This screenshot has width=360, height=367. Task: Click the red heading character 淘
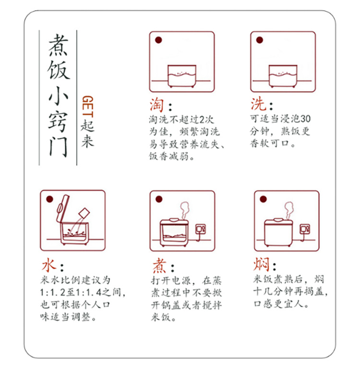point(156,105)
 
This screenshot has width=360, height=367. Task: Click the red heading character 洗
point(258,104)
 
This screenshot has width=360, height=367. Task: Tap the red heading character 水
point(49,265)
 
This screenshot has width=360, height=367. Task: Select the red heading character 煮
point(159,266)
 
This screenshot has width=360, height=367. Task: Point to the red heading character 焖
point(262,264)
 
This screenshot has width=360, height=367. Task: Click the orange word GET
point(88,106)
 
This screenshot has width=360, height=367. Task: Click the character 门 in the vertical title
point(59,147)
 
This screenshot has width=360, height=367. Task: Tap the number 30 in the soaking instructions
point(305,119)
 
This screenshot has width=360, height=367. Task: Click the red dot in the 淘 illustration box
point(158,40)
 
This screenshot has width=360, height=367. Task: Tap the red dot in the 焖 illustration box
point(263,199)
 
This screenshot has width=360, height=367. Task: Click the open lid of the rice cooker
point(62,208)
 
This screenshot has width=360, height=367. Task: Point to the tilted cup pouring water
point(84,213)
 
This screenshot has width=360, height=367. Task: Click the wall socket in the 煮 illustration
point(201,229)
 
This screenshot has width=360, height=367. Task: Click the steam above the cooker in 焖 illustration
point(289,210)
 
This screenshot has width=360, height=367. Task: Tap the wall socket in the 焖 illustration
point(305,229)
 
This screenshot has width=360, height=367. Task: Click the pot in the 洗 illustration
point(283,76)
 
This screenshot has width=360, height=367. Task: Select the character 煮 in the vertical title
point(59,45)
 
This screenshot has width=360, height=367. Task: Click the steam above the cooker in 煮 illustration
point(185,210)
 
